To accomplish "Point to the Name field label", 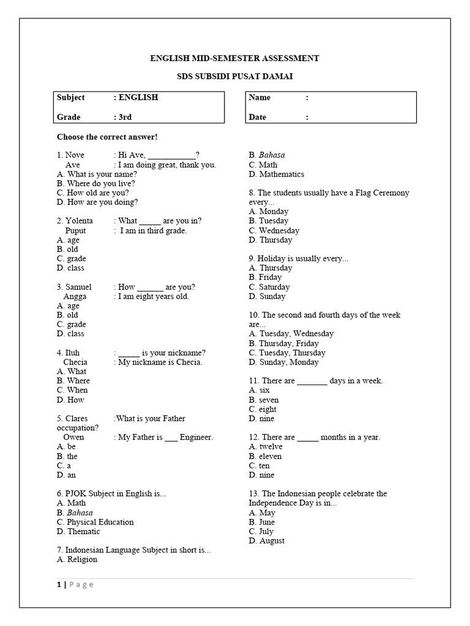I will tap(260, 98).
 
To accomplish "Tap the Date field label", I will tap(258, 117).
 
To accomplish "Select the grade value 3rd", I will tap(125, 117).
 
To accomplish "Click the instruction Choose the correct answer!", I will tap(107, 136).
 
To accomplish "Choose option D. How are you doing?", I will tap(97, 202).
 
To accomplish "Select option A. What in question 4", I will tap(72, 371).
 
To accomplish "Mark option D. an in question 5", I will tap(67, 475).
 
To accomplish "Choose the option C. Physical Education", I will tap(95, 522).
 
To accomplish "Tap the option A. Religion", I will tap(77, 559).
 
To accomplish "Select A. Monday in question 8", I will tap(269, 212).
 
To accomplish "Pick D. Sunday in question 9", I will tap(267, 296).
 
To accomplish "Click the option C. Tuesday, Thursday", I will tap(287, 353).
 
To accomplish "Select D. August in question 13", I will tap(267, 541).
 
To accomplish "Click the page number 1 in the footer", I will tap(59, 584).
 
